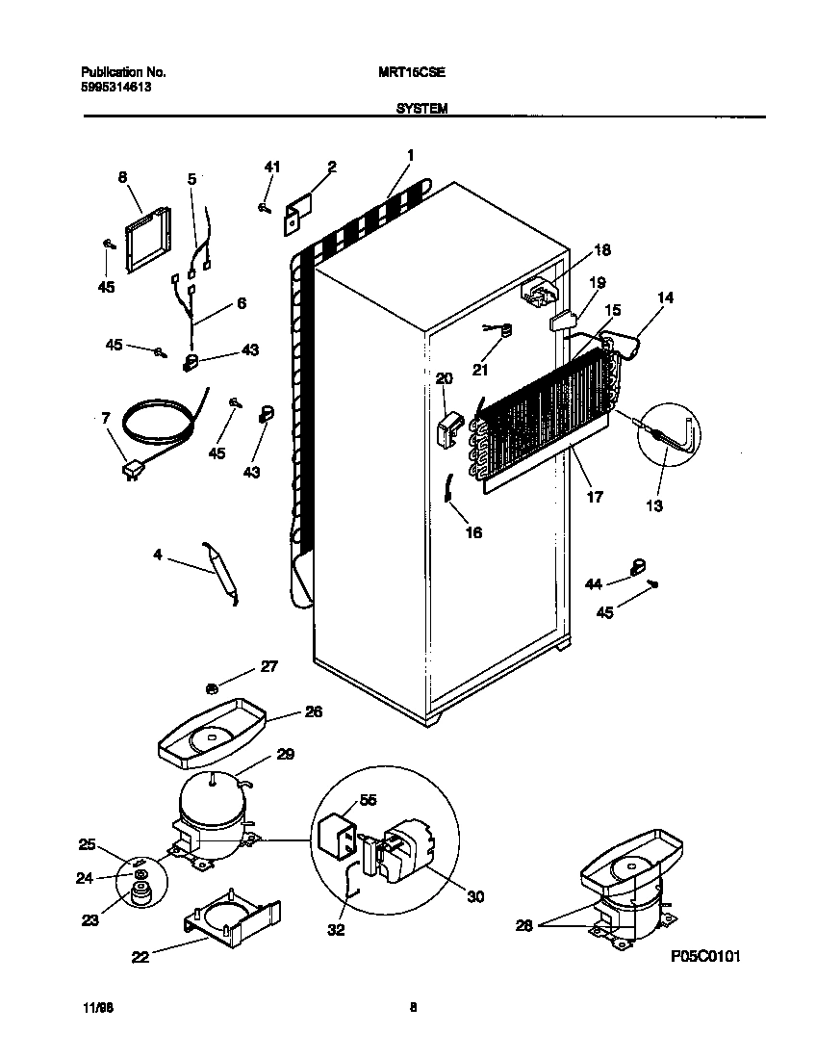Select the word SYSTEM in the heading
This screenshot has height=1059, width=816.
pyautogui.click(x=421, y=110)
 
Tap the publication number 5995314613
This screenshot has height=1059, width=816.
pyautogui.click(x=115, y=87)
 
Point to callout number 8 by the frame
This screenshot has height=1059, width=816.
pyautogui.click(x=122, y=177)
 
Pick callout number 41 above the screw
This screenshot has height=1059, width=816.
pyautogui.click(x=271, y=168)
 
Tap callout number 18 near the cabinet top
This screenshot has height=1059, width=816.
pyautogui.click(x=601, y=250)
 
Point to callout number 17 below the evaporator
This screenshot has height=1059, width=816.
pyautogui.click(x=594, y=497)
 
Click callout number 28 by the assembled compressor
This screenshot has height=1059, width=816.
pyautogui.click(x=523, y=925)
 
